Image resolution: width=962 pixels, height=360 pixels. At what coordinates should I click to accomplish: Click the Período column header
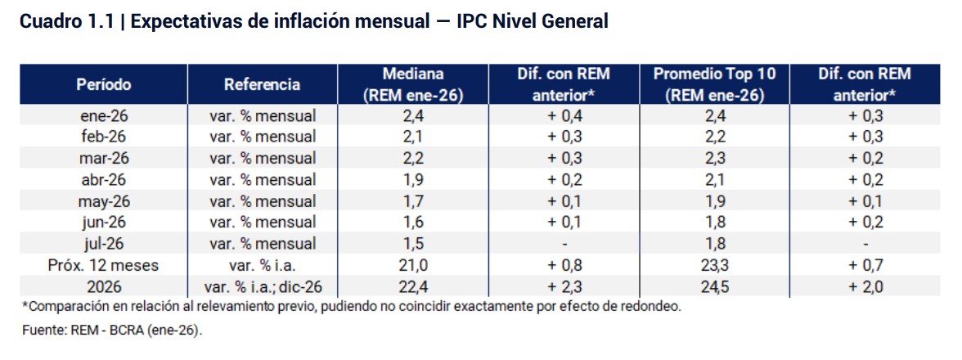coord(104,84)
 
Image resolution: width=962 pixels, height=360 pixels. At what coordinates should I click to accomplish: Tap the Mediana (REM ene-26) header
coord(413,84)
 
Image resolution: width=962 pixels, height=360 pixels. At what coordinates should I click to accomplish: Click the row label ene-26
coord(104,116)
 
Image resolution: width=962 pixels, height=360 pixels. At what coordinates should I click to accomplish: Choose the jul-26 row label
coord(104,244)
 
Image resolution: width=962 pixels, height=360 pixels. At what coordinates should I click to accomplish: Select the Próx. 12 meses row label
coord(104,265)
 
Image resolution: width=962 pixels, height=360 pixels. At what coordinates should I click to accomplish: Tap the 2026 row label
coord(104,286)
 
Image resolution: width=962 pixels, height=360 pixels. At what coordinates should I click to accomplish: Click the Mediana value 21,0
coord(413,265)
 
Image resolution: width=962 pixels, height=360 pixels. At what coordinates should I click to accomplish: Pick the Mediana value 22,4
coord(413,286)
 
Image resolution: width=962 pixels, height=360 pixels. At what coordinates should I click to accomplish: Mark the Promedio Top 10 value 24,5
coord(715,286)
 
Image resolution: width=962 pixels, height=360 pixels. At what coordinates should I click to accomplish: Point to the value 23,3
coord(715,265)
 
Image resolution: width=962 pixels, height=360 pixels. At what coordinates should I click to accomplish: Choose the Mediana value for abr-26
coord(413,180)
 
